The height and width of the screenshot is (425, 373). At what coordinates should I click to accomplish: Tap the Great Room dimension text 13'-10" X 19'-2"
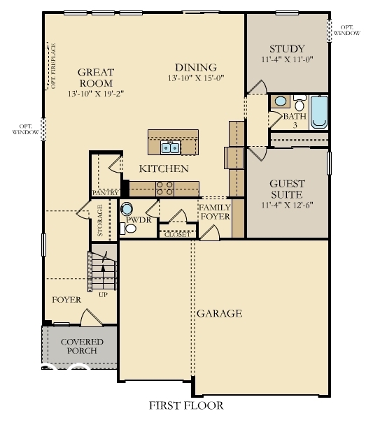click(x=96, y=93)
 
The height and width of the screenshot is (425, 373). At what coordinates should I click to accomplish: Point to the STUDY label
click(x=287, y=49)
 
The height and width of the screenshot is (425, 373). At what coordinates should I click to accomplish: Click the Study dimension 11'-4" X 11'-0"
click(x=287, y=60)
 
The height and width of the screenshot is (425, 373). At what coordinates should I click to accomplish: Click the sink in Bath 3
click(x=280, y=101)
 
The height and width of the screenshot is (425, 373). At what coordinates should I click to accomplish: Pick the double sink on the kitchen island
click(x=170, y=147)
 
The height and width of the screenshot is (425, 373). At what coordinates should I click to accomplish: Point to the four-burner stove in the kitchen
click(x=164, y=187)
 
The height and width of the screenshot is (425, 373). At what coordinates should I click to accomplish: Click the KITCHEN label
click(x=164, y=168)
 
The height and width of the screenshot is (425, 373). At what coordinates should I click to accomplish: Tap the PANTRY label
click(x=105, y=192)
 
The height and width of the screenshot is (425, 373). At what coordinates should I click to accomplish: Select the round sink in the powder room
click(x=127, y=208)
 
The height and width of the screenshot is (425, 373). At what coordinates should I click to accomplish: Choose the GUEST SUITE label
click(x=287, y=189)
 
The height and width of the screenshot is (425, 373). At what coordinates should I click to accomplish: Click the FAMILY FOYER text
click(x=215, y=212)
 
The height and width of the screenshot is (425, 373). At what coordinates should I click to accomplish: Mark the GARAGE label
click(x=219, y=313)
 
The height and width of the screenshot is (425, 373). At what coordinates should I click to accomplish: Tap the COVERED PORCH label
click(x=82, y=346)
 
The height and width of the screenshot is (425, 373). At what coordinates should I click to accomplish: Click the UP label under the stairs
click(x=103, y=294)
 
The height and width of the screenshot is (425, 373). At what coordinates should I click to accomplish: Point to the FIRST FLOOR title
click(x=186, y=405)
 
